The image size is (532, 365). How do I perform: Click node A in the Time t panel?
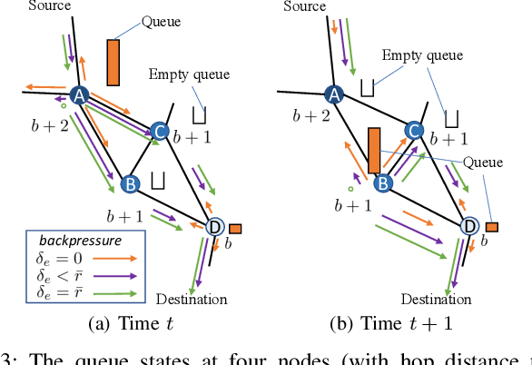[79, 95]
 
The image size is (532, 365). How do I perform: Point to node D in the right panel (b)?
[469, 226]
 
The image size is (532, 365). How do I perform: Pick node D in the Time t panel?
[215, 226]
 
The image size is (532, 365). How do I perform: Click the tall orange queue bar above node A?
[113, 60]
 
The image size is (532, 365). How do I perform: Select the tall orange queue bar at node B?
[373, 150]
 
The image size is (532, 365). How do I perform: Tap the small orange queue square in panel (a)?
[235, 228]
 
